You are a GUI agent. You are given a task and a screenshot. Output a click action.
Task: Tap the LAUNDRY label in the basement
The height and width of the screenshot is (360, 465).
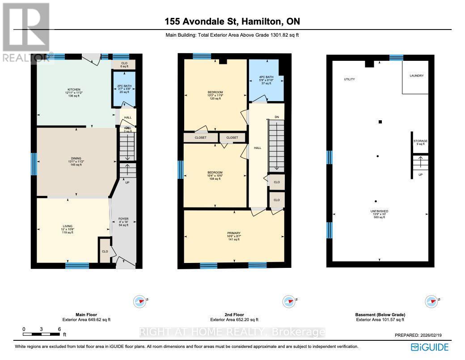[x=416, y=76]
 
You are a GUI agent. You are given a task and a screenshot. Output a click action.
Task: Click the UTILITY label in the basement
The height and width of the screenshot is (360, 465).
[x=349, y=80]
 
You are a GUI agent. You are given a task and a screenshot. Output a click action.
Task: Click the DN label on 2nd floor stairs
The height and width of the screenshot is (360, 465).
[x=276, y=118]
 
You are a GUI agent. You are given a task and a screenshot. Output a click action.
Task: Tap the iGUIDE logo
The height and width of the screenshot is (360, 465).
[x=430, y=347]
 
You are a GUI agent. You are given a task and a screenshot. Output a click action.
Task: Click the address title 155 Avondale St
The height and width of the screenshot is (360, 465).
[x=232, y=21]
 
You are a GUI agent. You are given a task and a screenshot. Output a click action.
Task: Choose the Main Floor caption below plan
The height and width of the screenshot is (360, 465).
[x=86, y=314]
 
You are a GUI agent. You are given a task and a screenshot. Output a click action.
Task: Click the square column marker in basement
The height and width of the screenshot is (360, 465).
[x=380, y=122]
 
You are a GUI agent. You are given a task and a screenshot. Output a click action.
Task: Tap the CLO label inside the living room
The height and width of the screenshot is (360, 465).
[x=105, y=251]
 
